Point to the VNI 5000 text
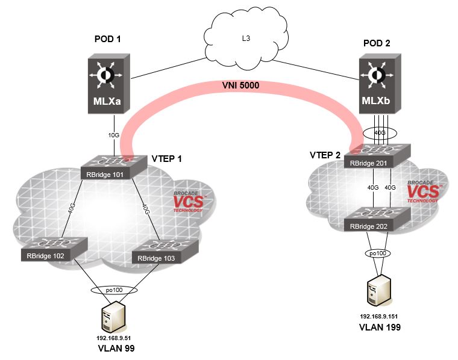pos(239,86)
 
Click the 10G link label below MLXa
pos(113,135)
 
